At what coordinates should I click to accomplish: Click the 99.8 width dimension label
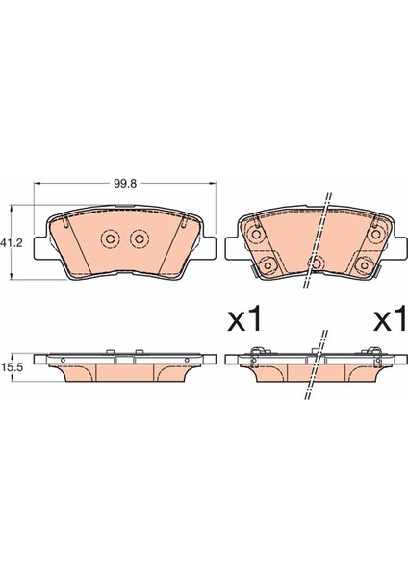click(x=125, y=184)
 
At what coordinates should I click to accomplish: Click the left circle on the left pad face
click(x=110, y=239)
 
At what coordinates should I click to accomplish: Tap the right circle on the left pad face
click(x=140, y=239)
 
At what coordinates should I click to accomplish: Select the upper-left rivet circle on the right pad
click(x=255, y=235)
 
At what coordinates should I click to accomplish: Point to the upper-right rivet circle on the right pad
click(x=376, y=234)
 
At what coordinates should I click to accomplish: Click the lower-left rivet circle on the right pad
click(x=268, y=264)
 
